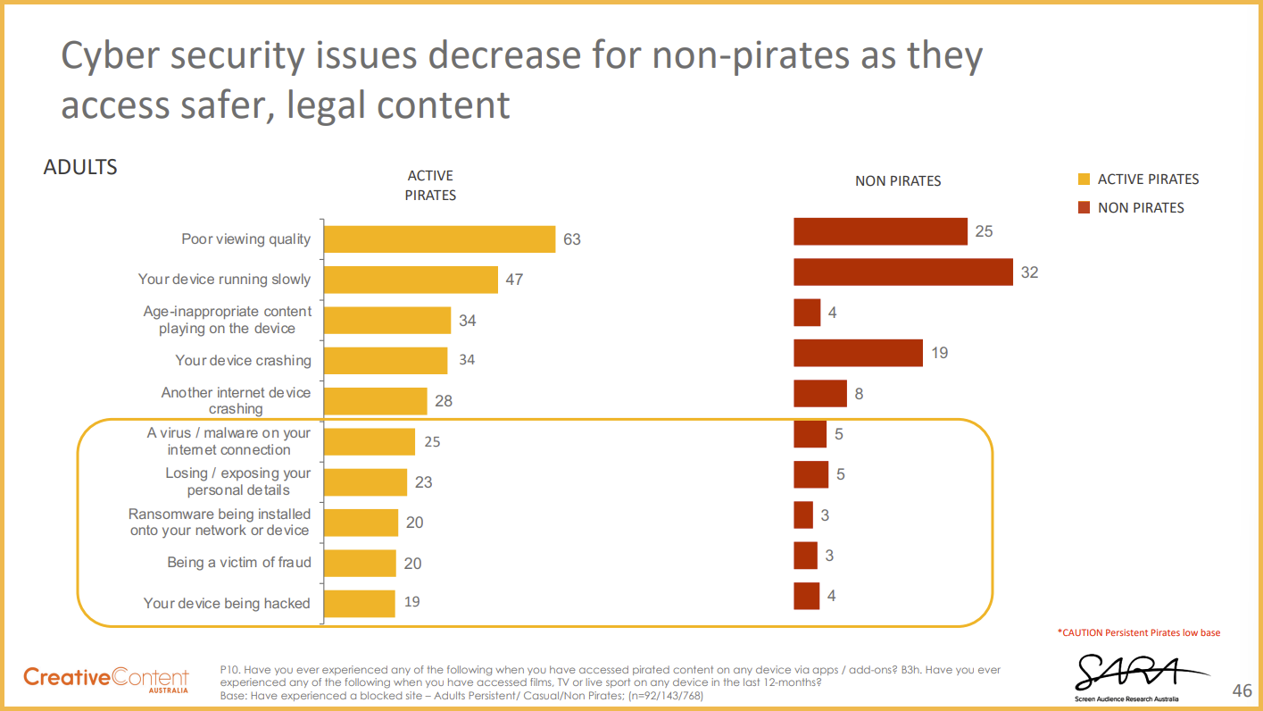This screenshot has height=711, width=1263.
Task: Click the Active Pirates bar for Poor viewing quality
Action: pos(439,238)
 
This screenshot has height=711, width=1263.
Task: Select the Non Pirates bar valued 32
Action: pos(903,272)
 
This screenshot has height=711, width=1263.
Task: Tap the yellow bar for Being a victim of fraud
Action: pos(360,563)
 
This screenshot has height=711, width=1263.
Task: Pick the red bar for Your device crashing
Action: pos(858,353)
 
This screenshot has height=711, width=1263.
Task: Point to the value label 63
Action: pos(571,239)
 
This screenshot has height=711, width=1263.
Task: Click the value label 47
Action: pos(514,280)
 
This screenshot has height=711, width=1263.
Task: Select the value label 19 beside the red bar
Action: pos(939,353)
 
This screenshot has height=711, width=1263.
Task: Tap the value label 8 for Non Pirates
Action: pos(859,393)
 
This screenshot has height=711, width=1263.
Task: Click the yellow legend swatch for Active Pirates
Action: pos(1084,180)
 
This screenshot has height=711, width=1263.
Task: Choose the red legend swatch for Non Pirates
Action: pos(1084,208)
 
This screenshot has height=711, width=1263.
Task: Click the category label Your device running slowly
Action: pos(224,280)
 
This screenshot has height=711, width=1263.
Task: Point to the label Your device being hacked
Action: pos(227,604)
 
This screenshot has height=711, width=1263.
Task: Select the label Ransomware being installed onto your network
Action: pos(220,523)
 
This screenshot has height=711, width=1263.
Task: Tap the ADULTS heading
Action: pos(80,167)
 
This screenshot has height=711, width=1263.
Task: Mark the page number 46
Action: pos(1242,690)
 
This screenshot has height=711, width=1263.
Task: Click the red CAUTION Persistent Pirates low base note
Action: pos(1138,632)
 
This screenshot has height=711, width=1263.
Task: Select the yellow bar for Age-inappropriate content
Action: pos(387,320)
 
